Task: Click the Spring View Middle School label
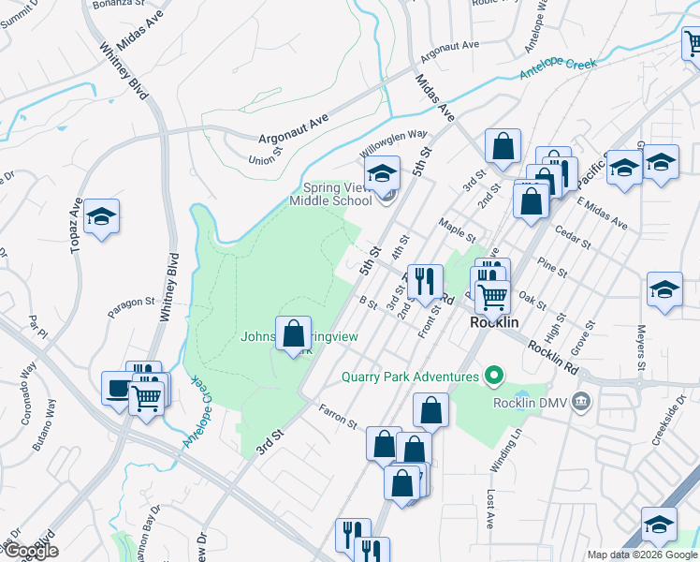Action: (330, 194)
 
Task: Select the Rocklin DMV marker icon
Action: (581, 403)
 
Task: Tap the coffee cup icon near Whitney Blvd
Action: (118, 388)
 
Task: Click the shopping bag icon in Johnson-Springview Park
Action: (293, 333)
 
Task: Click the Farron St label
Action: (338, 417)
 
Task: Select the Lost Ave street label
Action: (489, 510)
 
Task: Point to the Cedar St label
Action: (573, 237)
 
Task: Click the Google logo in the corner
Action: (30, 551)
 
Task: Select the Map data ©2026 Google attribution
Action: (642, 555)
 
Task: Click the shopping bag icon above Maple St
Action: (503, 146)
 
